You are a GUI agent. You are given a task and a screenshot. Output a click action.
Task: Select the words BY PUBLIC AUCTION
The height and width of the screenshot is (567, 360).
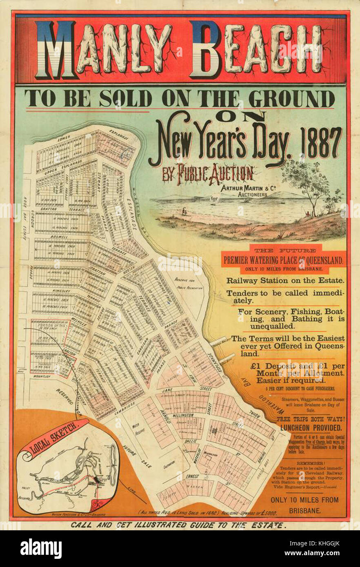pos(208,174)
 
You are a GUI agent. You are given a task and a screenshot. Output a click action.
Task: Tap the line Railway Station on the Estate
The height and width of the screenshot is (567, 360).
pos(285,280)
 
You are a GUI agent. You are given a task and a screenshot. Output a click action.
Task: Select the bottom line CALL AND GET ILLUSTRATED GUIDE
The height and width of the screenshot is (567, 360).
pos(178,525)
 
